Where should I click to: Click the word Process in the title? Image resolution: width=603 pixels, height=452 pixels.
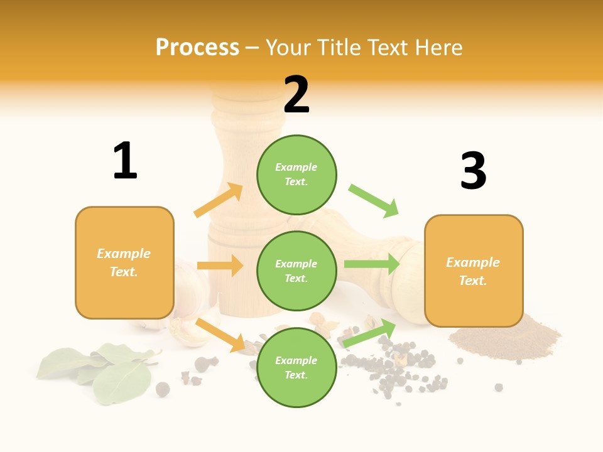click(x=197, y=47)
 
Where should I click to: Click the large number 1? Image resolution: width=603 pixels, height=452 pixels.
click(x=125, y=161)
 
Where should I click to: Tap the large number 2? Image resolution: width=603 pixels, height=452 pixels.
click(x=296, y=94)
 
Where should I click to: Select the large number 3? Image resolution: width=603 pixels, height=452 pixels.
click(x=473, y=171)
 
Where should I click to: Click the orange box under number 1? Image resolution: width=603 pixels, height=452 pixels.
click(x=124, y=262)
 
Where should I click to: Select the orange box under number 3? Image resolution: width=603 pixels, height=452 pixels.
click(x=474, y=271)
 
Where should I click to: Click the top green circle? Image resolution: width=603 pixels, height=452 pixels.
click(x=296, y=175)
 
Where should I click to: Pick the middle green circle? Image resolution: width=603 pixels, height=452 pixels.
click(x=296, y=271)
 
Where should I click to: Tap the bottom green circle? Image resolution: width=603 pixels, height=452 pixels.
click(x=296, y=367)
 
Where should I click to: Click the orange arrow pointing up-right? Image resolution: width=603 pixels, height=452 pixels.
click(x=219, y=200)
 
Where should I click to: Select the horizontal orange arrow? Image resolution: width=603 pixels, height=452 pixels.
click(x=220, y=266)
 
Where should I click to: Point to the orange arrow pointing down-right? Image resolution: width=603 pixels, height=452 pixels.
click(x=220, y=335)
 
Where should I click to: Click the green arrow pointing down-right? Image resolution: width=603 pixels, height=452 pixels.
click(x=374, y=201)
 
